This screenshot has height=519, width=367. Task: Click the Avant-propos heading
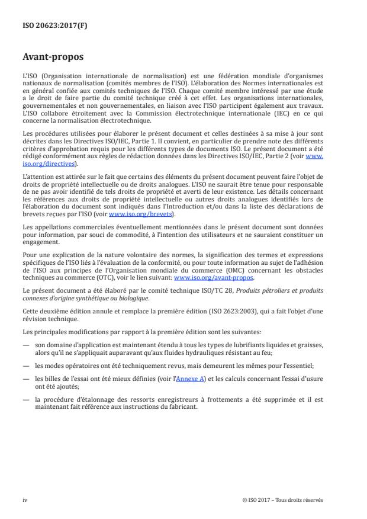[x=53, y=57]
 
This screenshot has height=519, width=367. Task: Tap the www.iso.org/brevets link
[x=130, y=214]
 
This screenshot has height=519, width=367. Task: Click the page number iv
[x=25, y=499]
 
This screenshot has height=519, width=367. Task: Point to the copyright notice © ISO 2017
[x=283, y=499]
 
